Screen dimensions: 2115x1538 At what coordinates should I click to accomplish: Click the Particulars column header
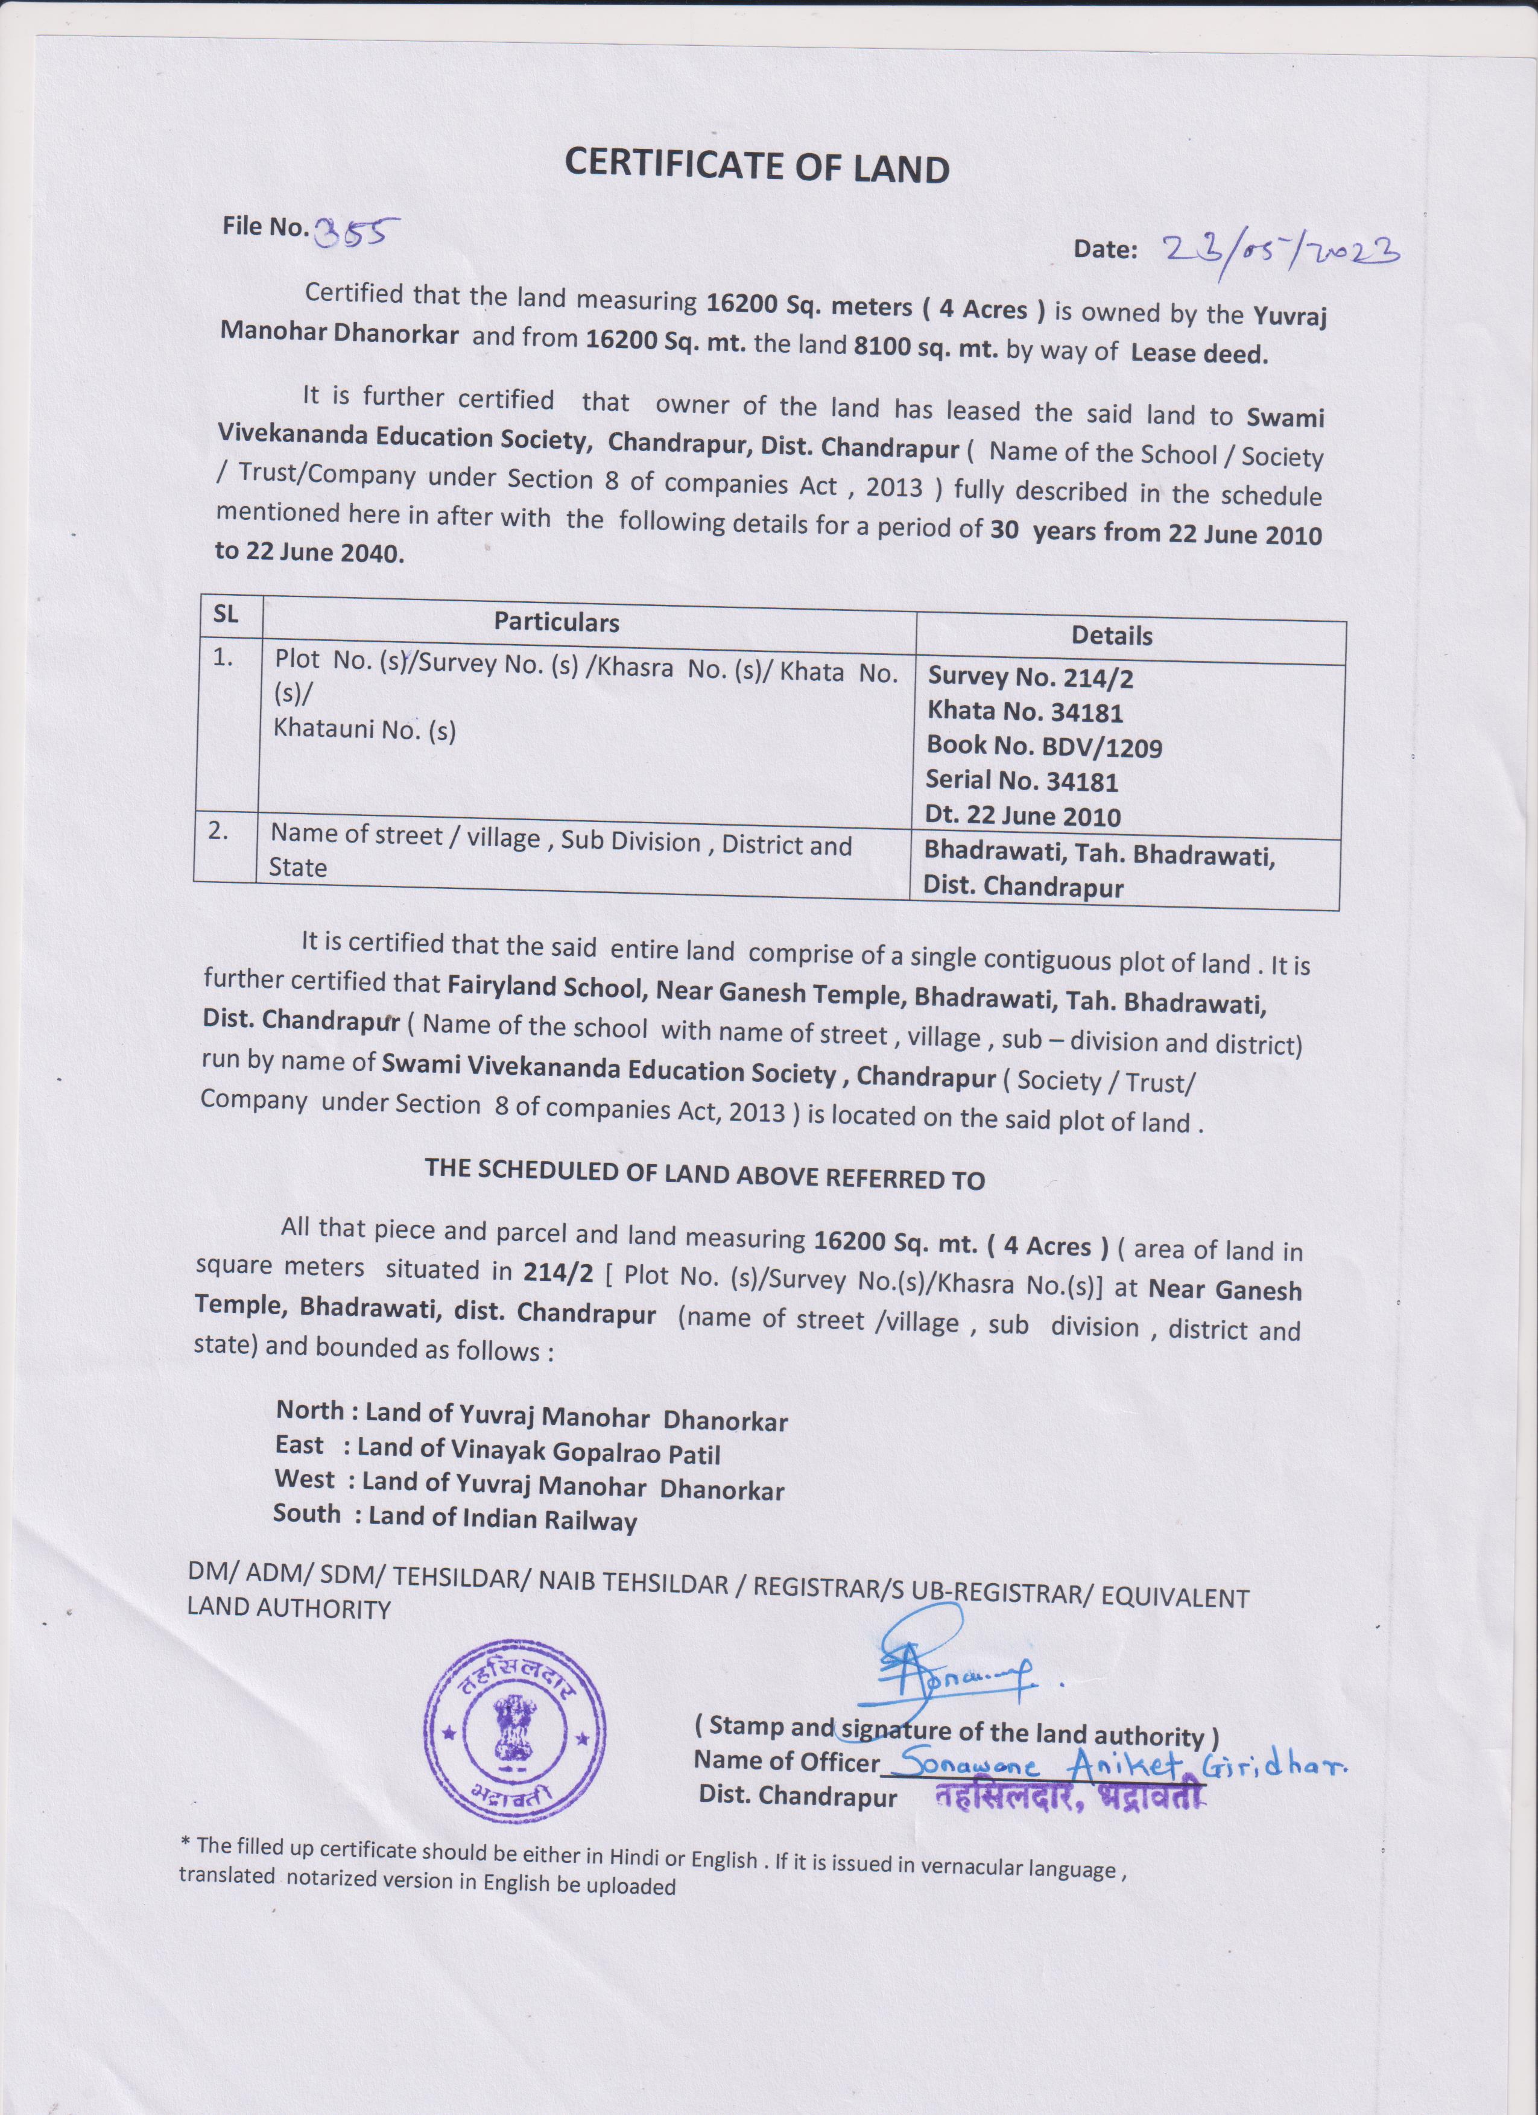pyautogui.click(x=556, y=621)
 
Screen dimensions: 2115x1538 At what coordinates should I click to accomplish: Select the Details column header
pyautogui.click(x=1112, y=636)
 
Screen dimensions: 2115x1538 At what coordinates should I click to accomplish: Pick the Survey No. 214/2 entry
pyautogui.click(x=1030, y=678)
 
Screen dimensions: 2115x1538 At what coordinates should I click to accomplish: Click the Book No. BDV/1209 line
pyautogui.click(x=1043, y=747)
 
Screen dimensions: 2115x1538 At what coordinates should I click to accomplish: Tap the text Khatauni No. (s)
pyautogui.click(x=364, y=729)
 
